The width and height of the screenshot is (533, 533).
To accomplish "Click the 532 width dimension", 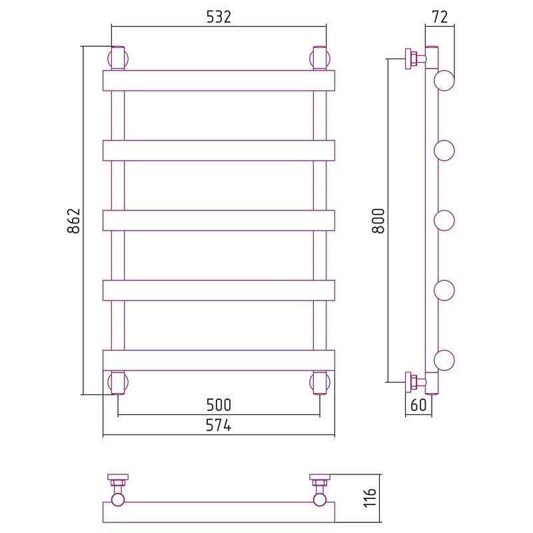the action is (219, 17).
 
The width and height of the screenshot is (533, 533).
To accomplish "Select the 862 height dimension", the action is (74, 221).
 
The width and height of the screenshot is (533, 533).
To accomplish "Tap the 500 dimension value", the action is (219, 405).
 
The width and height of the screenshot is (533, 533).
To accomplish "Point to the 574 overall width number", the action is (219, 425).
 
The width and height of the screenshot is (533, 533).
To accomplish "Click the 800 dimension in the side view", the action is (378, 221).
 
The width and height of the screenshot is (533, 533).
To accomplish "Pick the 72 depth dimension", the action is (440, 17).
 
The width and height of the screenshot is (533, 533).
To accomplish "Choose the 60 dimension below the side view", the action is (418, 405).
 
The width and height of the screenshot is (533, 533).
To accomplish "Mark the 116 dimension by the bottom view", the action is (370, 498).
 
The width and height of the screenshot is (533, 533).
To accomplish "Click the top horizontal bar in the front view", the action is (219, 81).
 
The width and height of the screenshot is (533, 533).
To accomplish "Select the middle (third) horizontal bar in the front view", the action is (219, 221).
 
